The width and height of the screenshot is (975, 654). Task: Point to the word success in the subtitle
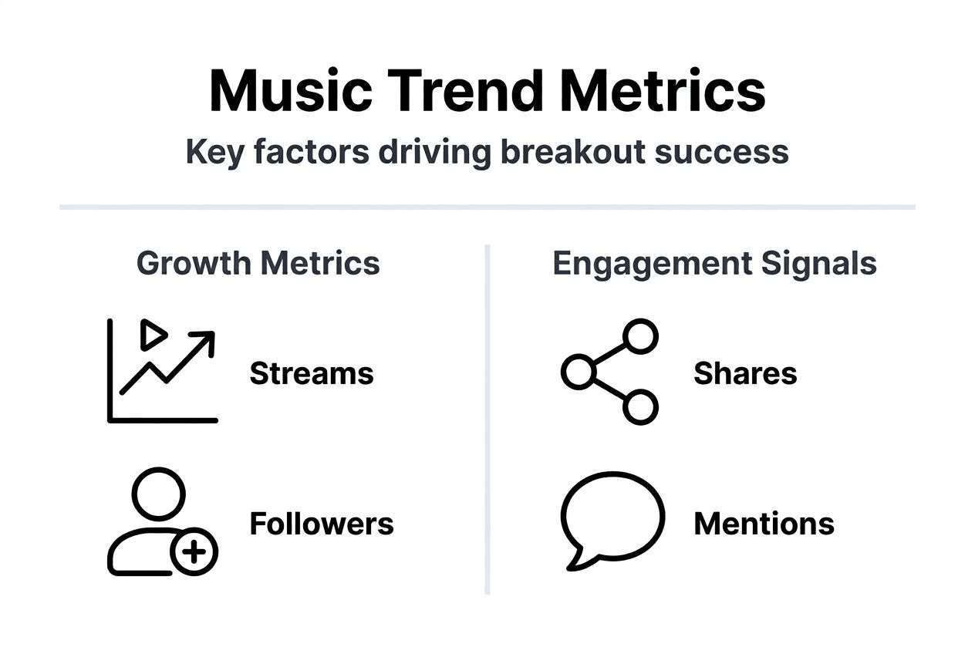click(722, 152)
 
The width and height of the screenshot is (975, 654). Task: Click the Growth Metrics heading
click(258, 264)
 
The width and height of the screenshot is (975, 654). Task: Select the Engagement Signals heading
click(714, 264)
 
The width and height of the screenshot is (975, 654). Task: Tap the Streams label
click(312, 374)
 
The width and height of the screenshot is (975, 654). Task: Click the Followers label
click(322, 524)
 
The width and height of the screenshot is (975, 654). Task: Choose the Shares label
click(745, 374)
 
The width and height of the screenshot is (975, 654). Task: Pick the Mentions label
click(764, 524)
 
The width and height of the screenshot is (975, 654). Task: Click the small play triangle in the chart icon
click(153, 335)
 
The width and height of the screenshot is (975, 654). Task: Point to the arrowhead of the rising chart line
click(205, 339)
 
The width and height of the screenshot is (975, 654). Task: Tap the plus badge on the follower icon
click(194, 552)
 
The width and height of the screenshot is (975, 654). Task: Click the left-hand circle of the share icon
click(577, 373)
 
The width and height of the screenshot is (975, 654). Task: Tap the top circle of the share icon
click(639, 337)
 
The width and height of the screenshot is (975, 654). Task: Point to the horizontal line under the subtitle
click(487, 207)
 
